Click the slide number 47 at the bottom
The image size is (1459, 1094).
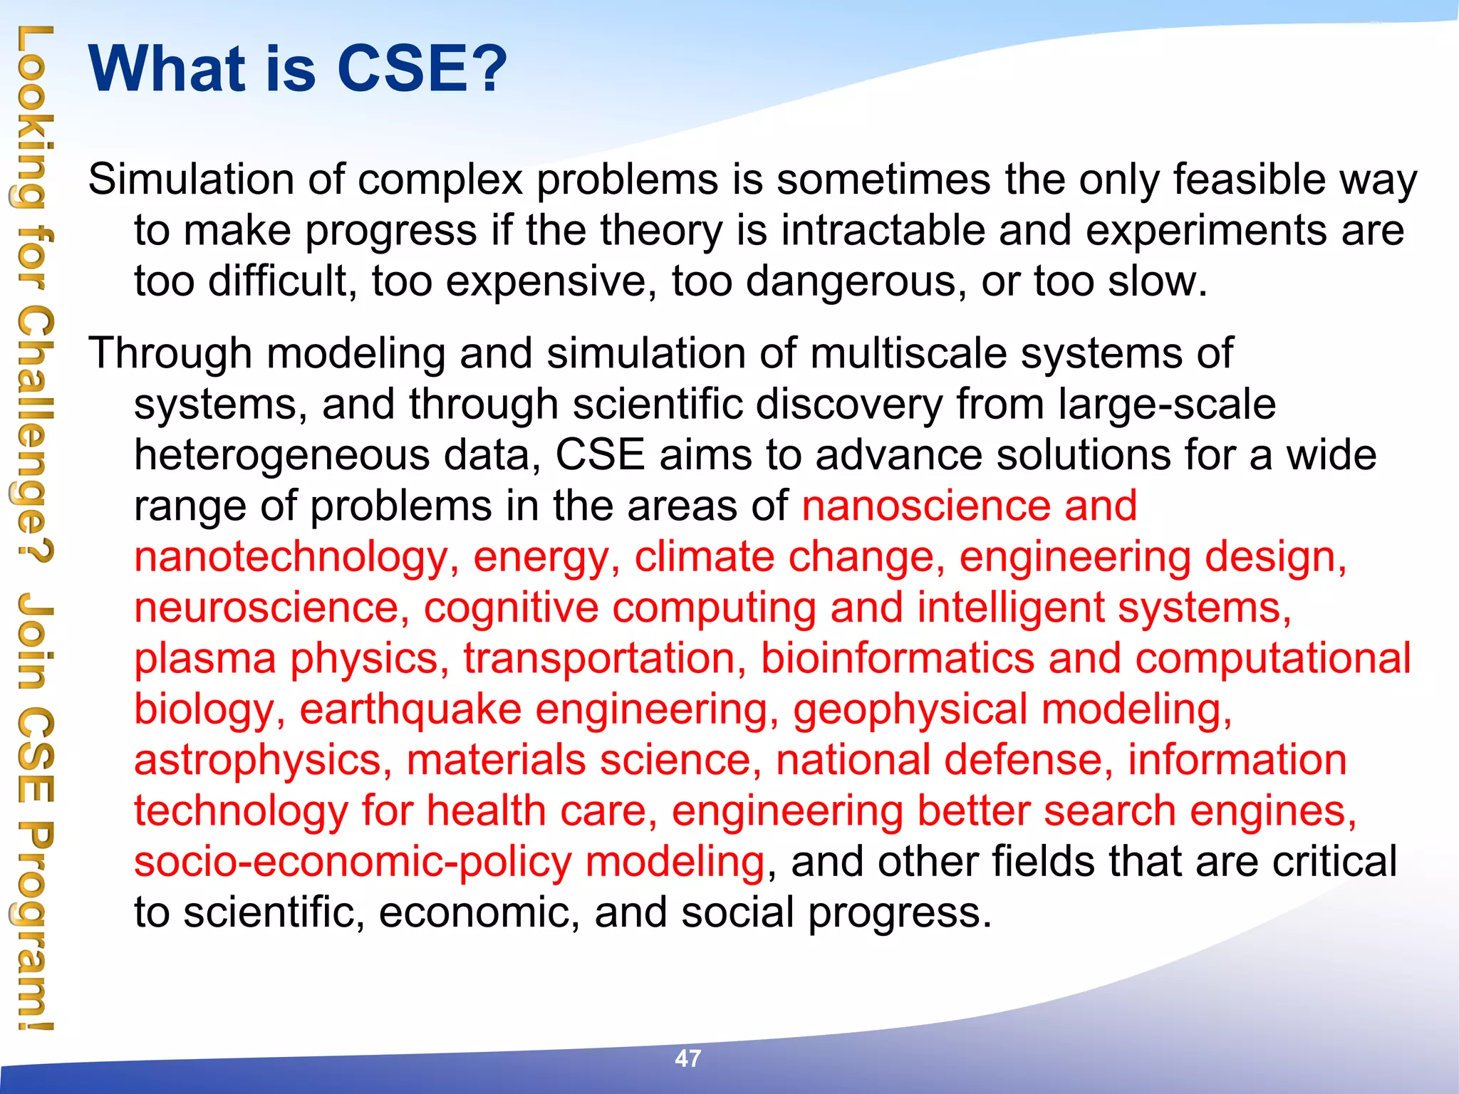(687, 1058)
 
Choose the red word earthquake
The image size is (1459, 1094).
(410, 710)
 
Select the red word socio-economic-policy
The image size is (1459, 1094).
(353, 863)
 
